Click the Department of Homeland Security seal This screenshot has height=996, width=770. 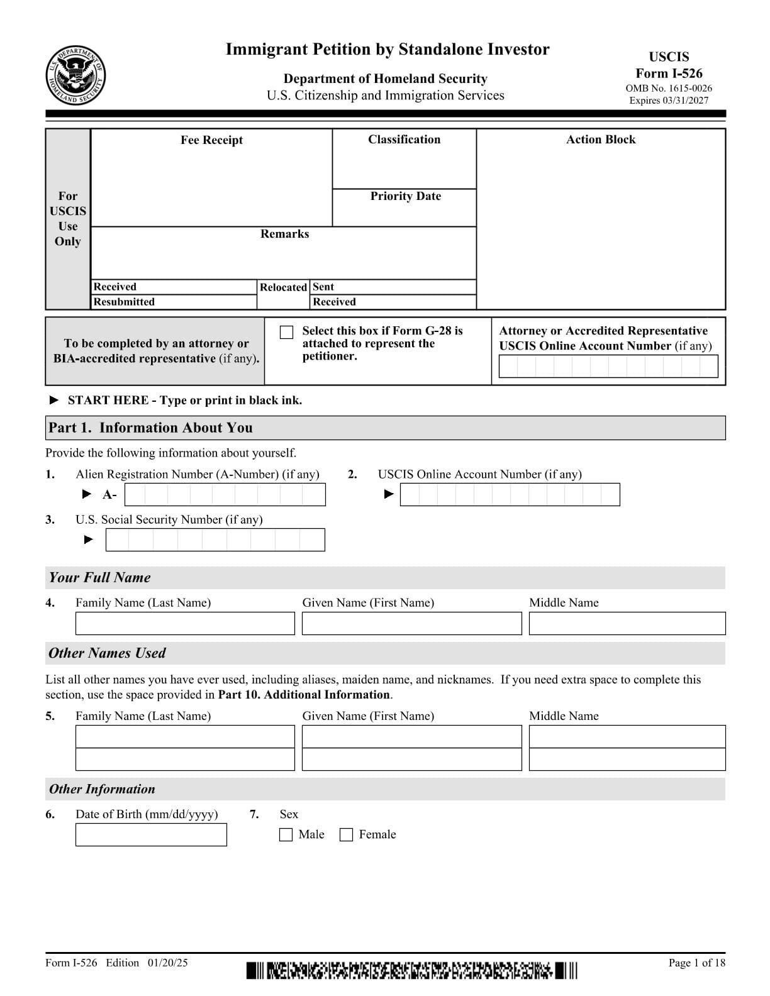[75, 76]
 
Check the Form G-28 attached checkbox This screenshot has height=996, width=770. [286, 332]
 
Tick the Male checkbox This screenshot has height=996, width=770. [286, 834]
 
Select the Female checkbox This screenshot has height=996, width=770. [346, 834]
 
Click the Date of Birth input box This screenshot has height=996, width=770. [151, 834]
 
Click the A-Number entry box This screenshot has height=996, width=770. [225, 495]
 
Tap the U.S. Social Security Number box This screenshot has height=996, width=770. [215, 540]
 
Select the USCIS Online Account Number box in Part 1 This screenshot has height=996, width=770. [510, 495]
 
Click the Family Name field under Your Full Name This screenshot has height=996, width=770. [185, 623]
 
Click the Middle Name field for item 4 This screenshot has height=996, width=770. [627, 623]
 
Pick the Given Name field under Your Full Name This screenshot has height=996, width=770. [411, 623]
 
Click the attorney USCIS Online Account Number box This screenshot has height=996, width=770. [608, 366]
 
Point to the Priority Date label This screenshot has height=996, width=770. [405, 196]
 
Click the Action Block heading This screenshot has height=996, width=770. [600, 140]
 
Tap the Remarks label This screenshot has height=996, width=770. [284, 234]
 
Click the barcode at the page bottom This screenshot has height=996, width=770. [411, 970]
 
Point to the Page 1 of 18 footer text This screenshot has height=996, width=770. [696, 963]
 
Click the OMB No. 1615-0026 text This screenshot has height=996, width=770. [669, 89]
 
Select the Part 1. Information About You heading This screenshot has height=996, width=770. [150, 428]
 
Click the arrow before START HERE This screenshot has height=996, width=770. [54, 400]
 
